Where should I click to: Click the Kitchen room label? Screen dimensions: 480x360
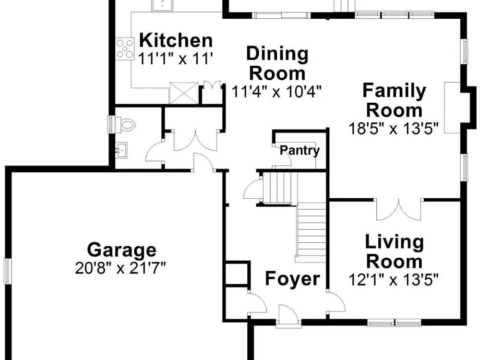coord(176,40)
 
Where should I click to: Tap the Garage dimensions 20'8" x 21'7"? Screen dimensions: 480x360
coord(120,268)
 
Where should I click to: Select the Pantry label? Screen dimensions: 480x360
coord(300,150)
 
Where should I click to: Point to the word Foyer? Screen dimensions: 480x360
coord(293,278)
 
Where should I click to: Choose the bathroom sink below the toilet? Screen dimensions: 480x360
coord(121,150)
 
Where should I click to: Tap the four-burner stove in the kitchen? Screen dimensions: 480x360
coord(125,49)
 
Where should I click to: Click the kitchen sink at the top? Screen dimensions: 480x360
coord(162,5)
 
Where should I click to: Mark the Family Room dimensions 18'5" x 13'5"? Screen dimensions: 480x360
coord(394,128)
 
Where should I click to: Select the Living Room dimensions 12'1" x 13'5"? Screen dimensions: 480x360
coord(394,279)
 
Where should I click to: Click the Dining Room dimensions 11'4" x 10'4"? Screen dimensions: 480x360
coord(277,91)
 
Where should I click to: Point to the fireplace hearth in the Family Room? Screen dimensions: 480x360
coord(453,108)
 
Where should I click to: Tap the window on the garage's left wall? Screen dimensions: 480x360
coord(8,271)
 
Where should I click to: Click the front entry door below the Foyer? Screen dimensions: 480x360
coord(288,316)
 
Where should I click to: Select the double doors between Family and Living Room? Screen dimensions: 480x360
coord(399,209)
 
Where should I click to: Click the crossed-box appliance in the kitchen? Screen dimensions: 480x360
coord(184,93)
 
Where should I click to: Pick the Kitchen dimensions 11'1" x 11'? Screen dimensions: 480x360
coord(175,59)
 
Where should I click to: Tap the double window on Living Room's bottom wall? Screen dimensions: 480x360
coord(394,323)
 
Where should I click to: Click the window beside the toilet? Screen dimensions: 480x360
coord(111,124)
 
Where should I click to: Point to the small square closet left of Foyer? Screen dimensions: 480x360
coord(237,274)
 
